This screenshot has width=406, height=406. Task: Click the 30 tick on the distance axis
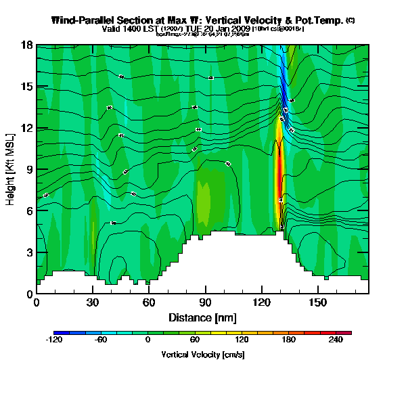coord(93,302)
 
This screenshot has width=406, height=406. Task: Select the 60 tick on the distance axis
coord(149,302)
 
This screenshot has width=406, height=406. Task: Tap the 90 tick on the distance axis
coord(206,302)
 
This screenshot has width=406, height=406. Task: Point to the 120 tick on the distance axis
coord(262,302)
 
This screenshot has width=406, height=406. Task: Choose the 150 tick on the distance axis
coord(318,302)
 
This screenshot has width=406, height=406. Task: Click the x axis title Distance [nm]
coord(202,317)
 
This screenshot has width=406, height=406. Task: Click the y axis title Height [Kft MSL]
coord(12,170)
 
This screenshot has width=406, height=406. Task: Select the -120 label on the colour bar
coord(54,341)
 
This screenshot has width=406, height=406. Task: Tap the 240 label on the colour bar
coord(336,341)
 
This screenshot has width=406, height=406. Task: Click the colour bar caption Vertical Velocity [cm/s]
coord(203,354)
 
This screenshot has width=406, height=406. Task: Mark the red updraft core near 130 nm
coord(279,169)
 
